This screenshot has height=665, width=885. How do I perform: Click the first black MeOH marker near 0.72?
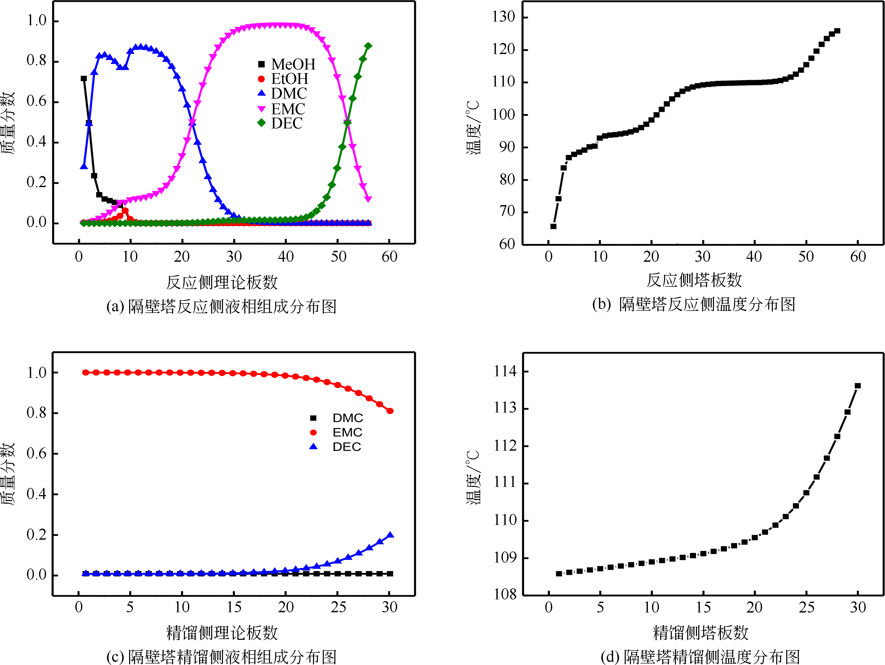[84, 78]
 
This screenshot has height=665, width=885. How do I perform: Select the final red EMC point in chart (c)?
[390, 411]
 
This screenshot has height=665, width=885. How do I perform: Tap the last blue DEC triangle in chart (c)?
[390, 535]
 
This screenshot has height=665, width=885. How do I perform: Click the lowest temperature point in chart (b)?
[553, 226]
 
